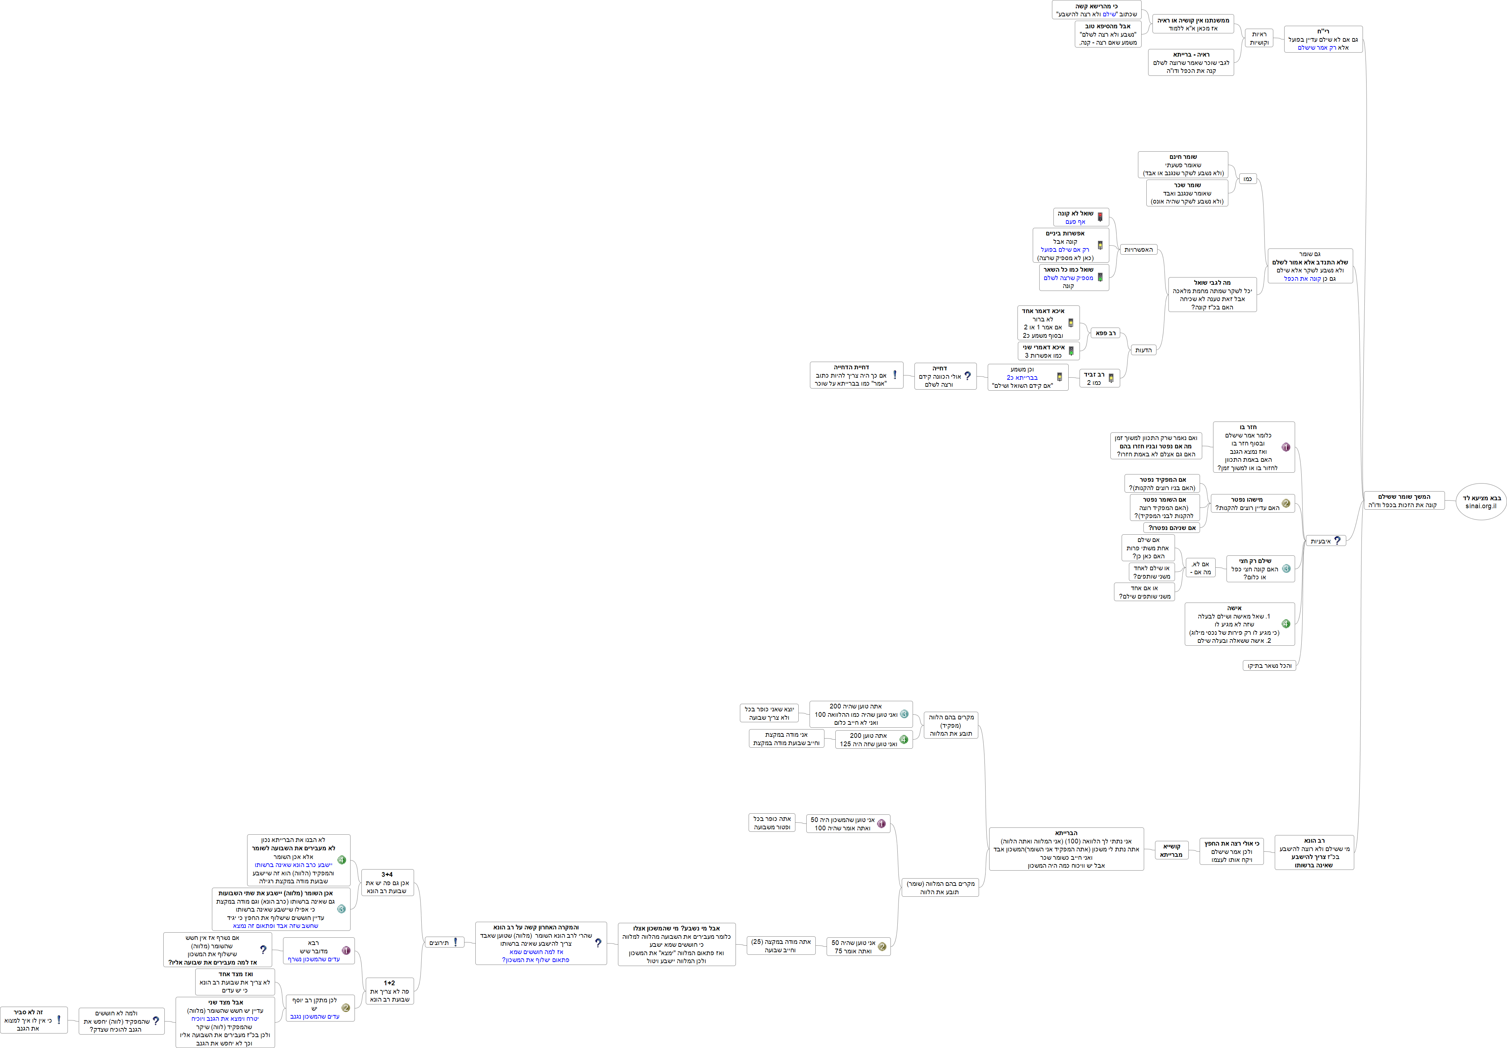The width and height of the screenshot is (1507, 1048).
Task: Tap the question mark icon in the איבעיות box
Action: (x=1337, y=541)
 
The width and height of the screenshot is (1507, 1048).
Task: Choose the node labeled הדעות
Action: (x=1143, y=350)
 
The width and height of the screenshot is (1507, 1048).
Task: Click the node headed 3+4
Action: (x=387, y=883)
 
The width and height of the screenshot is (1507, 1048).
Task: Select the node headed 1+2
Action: (x=389, y=991)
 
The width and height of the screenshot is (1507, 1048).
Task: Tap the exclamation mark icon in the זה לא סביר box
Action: (x=58, y=1020)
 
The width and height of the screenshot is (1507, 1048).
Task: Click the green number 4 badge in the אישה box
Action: (x=1286, y=624)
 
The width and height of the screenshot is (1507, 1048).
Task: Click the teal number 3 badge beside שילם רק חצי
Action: (x=1286, y=569)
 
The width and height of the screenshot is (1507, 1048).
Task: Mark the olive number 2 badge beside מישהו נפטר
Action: (x=1286, y=504)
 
